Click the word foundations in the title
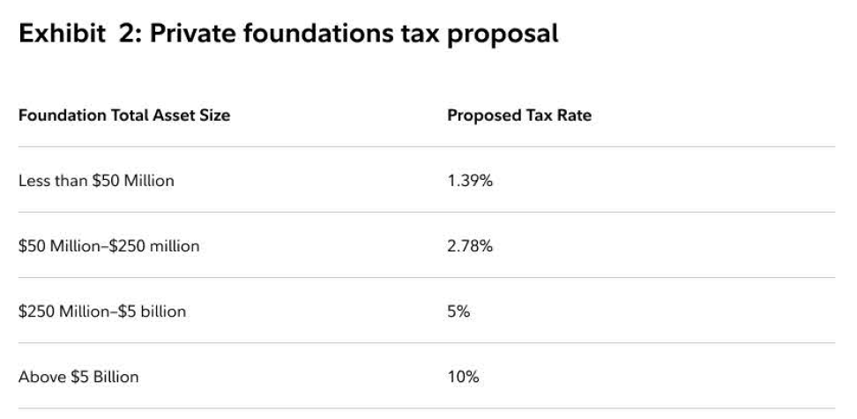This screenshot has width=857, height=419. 320,34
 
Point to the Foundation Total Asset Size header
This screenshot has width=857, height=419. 124,116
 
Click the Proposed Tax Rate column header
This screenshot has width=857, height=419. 519,116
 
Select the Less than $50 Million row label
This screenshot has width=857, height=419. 96,181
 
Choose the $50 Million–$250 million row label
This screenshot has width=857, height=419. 108,246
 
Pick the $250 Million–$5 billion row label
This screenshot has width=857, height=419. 102,311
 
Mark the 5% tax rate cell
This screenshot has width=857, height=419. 459,311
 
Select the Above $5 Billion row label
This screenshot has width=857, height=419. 78,377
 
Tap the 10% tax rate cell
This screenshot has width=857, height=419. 463,377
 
